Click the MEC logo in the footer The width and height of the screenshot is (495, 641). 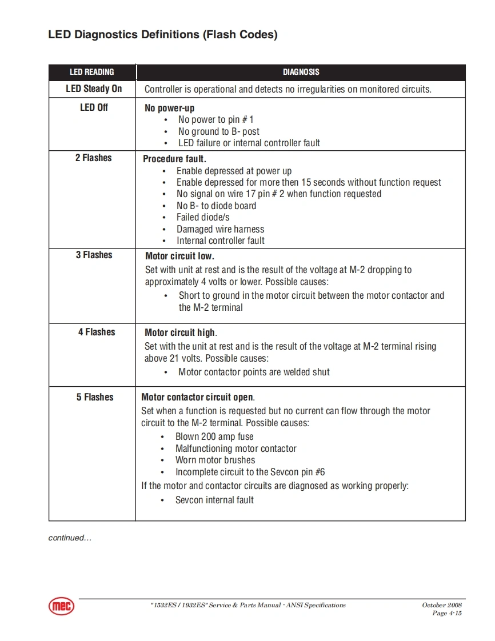pos(61,606)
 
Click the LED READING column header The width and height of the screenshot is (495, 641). pos(91,72)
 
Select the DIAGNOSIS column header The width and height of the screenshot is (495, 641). pos(301,72)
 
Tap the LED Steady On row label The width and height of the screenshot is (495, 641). pos(94,89)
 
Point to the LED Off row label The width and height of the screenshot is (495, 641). pos(94,107)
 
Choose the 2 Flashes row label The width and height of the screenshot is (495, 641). pos(93,158)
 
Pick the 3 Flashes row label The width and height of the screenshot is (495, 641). pos(94,255)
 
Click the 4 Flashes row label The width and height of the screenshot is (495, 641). pos(96,332)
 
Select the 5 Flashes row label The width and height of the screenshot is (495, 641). pos(95,397)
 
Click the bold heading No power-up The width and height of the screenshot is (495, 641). pos(169,108)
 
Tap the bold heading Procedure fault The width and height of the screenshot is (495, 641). pos(174,159)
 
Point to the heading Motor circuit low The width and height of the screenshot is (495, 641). pos(179,256)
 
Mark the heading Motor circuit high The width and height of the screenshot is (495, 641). pos(181,332)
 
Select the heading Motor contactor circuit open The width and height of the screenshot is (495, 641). pos(198,397)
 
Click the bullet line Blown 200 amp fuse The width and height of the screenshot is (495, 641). pos(214,436)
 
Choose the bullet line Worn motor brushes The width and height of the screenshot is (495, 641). pos(215,460)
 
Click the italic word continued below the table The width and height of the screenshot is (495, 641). pos(70,538)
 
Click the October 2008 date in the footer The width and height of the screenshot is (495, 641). pos(442,605)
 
